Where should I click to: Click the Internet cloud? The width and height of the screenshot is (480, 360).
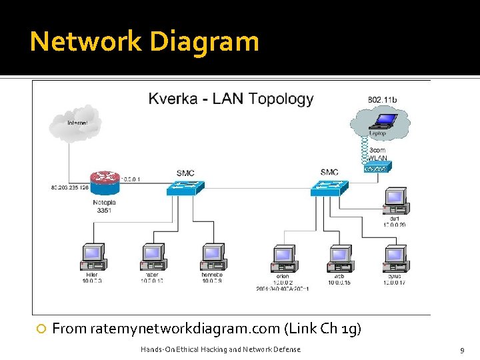(75, 125)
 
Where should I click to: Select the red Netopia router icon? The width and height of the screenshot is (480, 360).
(105, 179)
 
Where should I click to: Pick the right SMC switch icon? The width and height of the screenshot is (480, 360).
(329, 188)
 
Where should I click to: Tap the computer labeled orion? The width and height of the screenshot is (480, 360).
(283, 258)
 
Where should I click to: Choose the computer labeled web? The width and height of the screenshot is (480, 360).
(339, 258)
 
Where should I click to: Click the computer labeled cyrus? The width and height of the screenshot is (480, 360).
(395, 258)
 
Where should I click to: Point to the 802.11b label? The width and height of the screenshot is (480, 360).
(382, 100)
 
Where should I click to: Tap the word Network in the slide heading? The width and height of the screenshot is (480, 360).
(86, 41)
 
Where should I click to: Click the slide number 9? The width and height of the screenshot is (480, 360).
(461, 350)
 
